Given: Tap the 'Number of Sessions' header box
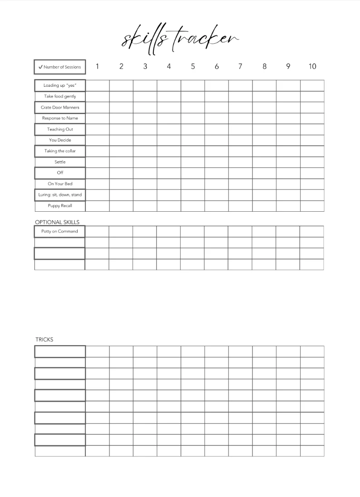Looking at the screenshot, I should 60,67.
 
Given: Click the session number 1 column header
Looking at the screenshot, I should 97,66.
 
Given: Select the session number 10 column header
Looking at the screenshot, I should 312,66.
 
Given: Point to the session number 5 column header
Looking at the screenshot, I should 193,66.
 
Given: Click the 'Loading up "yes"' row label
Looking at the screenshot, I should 60,85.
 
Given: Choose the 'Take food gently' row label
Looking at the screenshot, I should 60,96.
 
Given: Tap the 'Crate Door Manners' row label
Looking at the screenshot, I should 60,108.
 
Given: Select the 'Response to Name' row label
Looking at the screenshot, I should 60,118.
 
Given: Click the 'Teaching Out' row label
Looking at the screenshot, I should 60,129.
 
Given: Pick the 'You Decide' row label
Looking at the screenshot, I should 60,140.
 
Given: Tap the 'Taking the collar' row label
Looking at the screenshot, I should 60,151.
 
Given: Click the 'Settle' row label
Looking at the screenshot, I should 60,162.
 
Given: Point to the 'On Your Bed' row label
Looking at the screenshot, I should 60,184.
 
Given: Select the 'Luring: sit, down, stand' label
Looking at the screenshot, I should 60,195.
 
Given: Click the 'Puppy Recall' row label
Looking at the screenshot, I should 60,206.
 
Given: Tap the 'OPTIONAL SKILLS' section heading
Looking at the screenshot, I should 57,222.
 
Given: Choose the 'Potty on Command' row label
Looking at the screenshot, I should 59,231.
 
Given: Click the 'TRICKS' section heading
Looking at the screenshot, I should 44,339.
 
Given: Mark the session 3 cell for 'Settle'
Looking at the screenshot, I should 145,162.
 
